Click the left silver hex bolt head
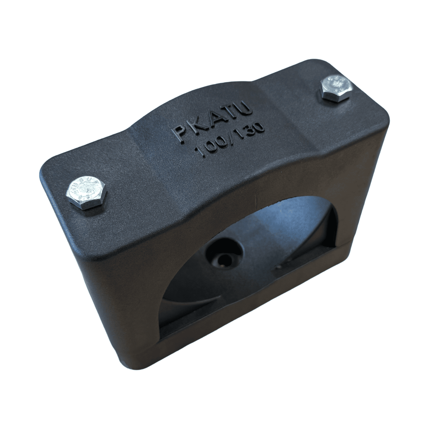click(x=86, y=193)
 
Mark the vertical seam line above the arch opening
click(x=257, y=197)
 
